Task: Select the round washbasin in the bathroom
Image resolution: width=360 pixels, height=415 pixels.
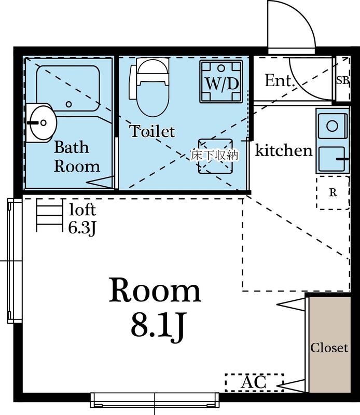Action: [41, 123]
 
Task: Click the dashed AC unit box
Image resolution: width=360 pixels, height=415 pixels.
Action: [254, 382]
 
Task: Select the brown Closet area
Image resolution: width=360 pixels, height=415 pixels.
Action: [329, 347]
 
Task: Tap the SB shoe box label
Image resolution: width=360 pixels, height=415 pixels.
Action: [342, 80]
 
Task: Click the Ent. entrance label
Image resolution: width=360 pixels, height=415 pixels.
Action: [280, 81]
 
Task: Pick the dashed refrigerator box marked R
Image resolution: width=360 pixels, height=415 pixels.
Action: [333, 192]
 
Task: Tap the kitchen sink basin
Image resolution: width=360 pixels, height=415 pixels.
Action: [331, 158]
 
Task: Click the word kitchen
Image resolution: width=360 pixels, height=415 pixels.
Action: [284, 150]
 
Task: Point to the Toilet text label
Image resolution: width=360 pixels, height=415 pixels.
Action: [152, 131]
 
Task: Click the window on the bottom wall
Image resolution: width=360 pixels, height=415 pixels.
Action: [155, 399]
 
